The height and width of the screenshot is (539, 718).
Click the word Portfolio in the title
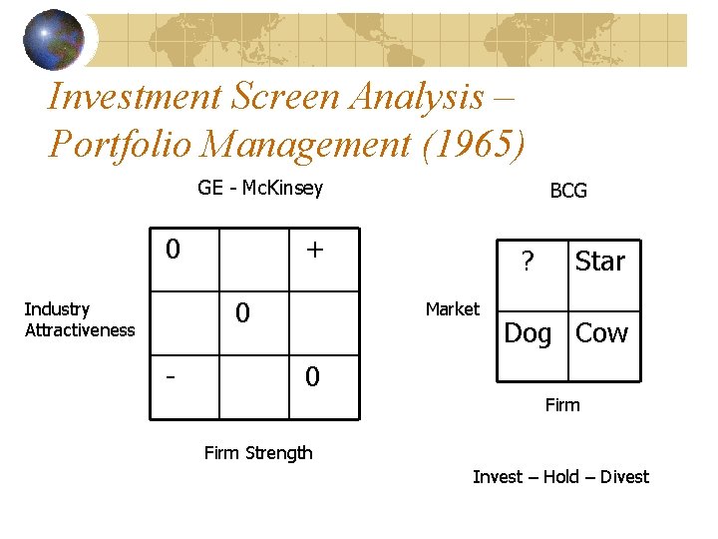(x=119, y=144)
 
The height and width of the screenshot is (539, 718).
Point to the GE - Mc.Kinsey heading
(x=259, y=188)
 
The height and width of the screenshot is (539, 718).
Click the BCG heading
(x=568, y=191)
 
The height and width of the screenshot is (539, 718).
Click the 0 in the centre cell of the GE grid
(x=242, y=313)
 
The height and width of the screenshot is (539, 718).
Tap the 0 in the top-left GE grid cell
(x=173, y=249)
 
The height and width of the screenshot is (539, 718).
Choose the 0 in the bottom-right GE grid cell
(x=312, y=377)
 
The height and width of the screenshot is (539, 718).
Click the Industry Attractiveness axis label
(x=79, y=319)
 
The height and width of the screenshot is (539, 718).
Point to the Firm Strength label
(x=258, y=453)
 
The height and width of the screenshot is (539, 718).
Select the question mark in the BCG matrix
(x=528, y=262)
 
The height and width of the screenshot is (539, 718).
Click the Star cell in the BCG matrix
(x=599, y=262)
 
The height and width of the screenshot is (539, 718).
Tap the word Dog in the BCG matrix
(x=528, y=333)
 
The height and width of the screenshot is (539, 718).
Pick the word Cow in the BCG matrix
(x=601, y=333)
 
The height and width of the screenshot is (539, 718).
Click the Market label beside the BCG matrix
(x=452, y=309)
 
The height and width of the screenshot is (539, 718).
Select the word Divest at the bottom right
(x=624, y=477)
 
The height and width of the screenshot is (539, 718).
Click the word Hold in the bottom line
(x=560, y=477)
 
